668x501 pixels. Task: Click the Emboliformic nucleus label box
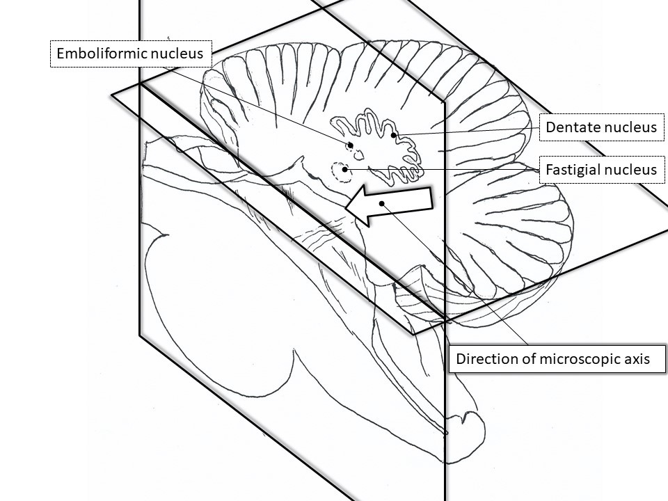click(132, 54)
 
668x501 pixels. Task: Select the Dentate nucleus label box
click(601, 127)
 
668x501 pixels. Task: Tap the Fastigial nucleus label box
click(601, 170)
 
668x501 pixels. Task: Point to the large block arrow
click(388, 205)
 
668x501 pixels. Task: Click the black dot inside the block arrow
click(382, 203)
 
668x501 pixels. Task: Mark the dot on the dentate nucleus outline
click(394, 135)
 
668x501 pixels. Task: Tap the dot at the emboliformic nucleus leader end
click(351, 145)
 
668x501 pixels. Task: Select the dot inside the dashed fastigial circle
click(344, 169)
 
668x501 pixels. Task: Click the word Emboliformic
click(102, 54)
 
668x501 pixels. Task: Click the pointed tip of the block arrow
click(345, 208)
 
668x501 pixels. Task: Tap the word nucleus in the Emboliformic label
click(177, 54)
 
